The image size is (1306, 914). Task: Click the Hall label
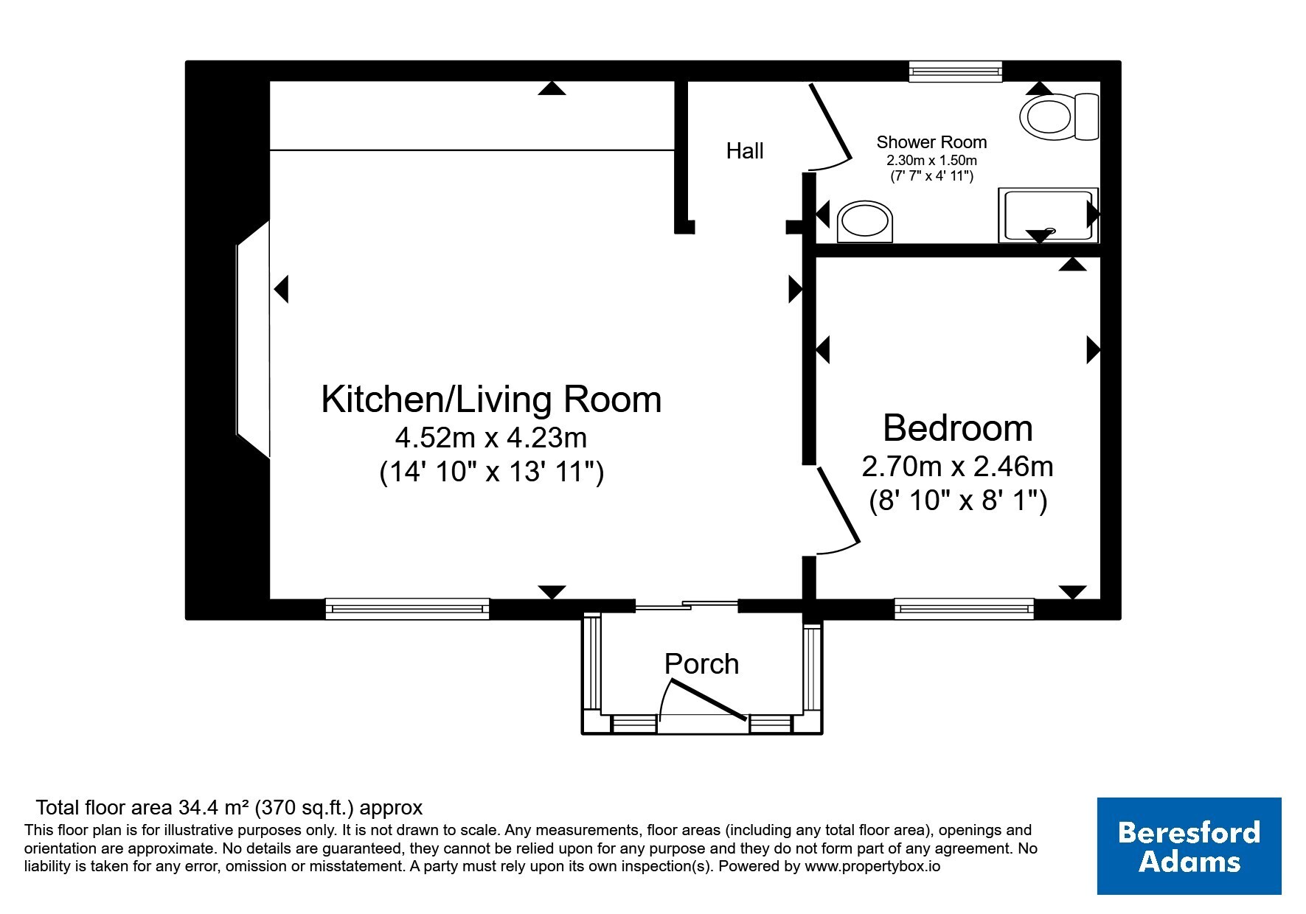click(745, 151)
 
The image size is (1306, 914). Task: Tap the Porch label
click(701, 664)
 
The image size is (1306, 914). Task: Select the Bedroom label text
click(958, 428)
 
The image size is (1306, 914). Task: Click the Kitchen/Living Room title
click(491, 400)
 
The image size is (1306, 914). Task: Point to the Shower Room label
click(931, 142)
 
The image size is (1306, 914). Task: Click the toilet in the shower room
click(1060, 116)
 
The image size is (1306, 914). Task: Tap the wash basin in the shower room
click(865, 221)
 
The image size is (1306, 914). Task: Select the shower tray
click(1048, 215)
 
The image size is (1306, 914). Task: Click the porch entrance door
click(704, 698)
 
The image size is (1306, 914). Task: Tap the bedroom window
click(964, 609)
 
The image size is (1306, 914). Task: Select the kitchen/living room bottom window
click(408, 609)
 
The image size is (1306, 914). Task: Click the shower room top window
click(956, 71)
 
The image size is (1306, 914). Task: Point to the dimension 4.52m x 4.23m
click(491, 438)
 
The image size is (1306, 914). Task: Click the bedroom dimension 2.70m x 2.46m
click(958, 467)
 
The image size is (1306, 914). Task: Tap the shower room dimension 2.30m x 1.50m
click(931, 160)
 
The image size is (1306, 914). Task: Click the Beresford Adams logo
click(1189, 846)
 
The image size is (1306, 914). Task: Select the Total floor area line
click(229, 808)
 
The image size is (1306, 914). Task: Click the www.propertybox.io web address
click(872, 867)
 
